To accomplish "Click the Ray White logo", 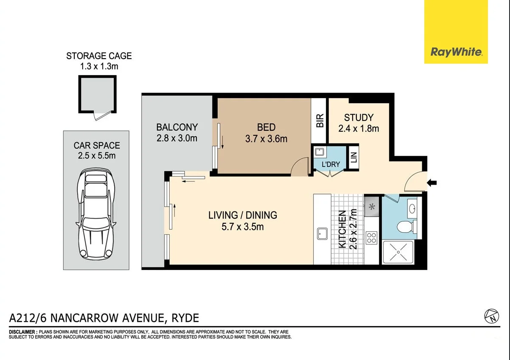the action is pyautogui.click(x=456, y=32).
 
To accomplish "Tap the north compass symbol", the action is pyautogui.click(x=492, y=316).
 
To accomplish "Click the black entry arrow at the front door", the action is pyautogui.click(x=432, y=183).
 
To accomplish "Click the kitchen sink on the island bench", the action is pyautogui.click(x=322, y=234).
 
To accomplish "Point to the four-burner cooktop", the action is pyautogui.click(x=371, y=238).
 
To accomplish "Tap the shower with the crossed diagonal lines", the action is pyautogui.click(x=398, y=252).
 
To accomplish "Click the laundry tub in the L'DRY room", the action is pyautogui.click(x=319, y=152).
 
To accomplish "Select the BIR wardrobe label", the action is pyautogui.click(x=319, y=121).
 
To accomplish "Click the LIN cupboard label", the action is pyautogui.click(x=353, y=157).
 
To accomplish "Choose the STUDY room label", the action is pyautogui.click(x=359, y=118).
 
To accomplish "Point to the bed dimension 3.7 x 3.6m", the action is pyautogui.click(x=266, y=139).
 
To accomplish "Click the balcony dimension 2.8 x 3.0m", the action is pyautogui.click(x=177, y=138).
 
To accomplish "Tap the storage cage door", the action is pyautogui.click(x=103, y=115).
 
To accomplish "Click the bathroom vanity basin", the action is pyautogui.click(x=412, y=208).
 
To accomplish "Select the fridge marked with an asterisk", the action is pyautogui.click(x=372, y=207).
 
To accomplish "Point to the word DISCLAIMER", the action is pyautogui.click(x=22, y=332).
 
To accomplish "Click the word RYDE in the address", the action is pyautogui.click(x=185, y=318).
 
